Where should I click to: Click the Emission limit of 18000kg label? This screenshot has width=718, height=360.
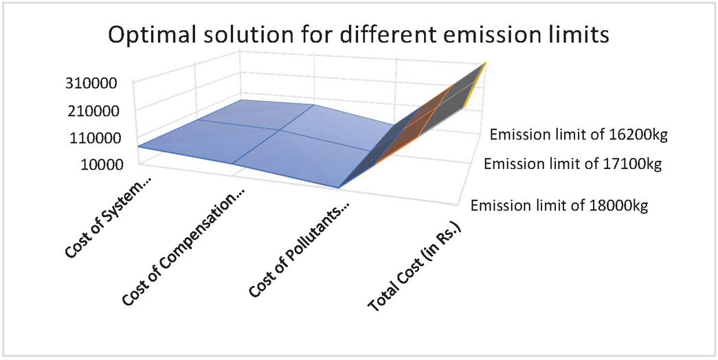[x=559, y=205]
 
